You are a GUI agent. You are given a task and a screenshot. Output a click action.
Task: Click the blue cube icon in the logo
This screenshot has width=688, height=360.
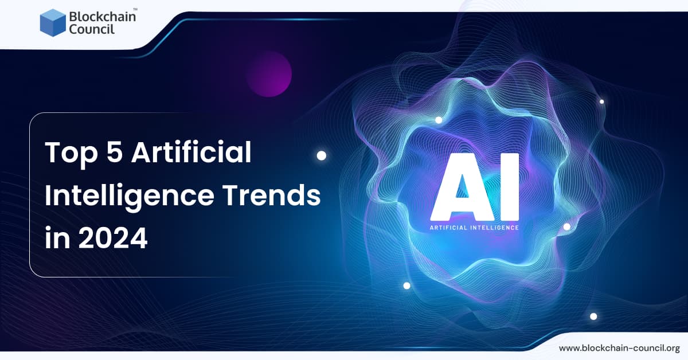[53, 23]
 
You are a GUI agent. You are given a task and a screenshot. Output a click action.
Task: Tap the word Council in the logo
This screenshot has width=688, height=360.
[92, 29]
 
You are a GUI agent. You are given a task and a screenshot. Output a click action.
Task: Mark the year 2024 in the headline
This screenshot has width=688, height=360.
[113, 238]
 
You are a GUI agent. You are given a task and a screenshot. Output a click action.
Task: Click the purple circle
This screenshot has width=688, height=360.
[269, 73]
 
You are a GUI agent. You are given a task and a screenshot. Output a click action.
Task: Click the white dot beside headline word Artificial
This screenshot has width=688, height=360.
[322, 155]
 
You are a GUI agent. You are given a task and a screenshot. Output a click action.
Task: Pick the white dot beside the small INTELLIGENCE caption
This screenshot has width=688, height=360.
[566, 226]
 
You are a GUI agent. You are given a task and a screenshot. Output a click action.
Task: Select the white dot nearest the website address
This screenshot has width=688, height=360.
[593, 316]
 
